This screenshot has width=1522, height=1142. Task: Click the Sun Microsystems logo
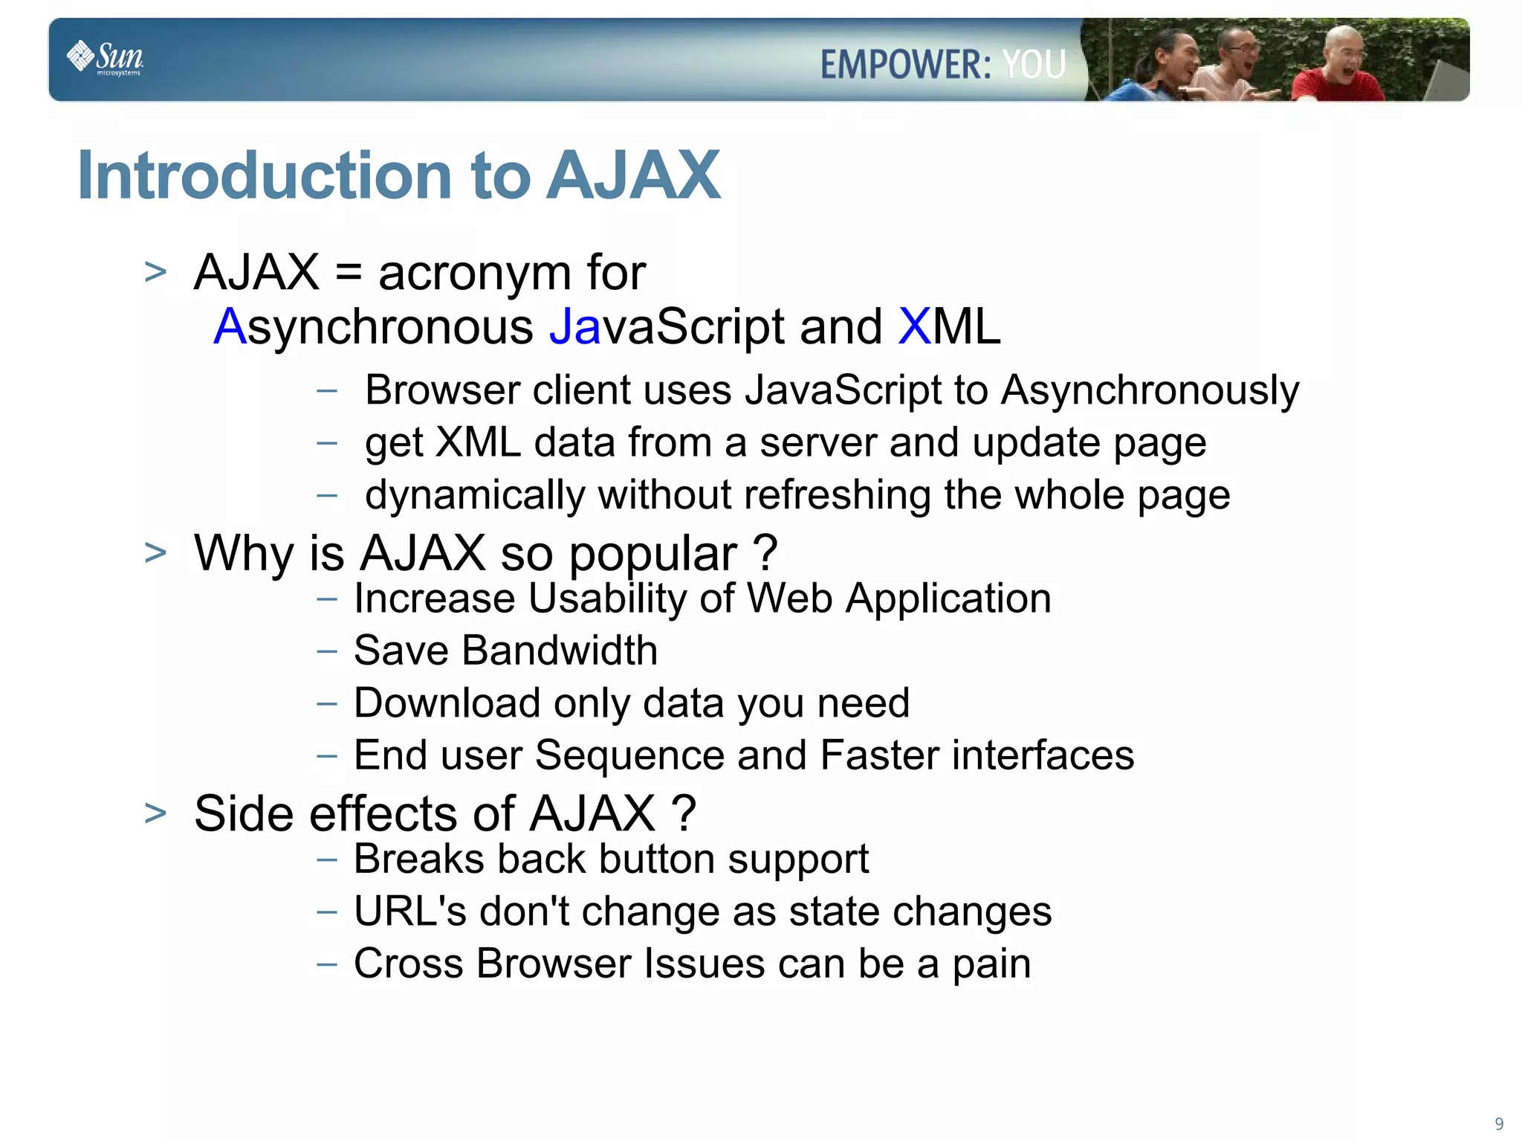pyautogui.click(x=106, y=58)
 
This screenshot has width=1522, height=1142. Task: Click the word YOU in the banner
pyautogui.click(x=1034, y=64)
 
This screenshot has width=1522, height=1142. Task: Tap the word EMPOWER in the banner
pyautogui.click(x=905, y=64)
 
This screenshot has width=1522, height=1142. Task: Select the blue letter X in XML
pyautogui.click(x=914, y=326)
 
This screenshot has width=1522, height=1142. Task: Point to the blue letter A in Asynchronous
pyautogui.click(x=230, y=326)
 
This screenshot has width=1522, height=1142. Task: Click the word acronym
pyautogui.click(x=476, y=274)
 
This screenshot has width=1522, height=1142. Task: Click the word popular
pyautogui.click(x=652, y=555)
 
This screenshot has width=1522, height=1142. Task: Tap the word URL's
pyautogui.click(x=409, y=912)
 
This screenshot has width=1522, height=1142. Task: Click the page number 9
pyautogui.click(x=1499, y=1123)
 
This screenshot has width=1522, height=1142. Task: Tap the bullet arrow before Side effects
pyautogui.click(x=155, y=813)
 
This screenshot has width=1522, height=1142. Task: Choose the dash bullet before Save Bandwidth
pyautogui.click(x=326, y=651)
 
